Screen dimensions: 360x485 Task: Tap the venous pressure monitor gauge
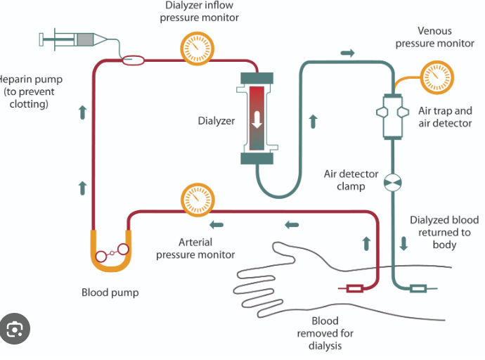[x=436, y=75]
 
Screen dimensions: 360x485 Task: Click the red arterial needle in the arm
[x=351, y=288]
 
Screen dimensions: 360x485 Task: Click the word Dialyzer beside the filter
[x=215, y=120]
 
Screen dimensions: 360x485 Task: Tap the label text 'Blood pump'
[x=110, y=292]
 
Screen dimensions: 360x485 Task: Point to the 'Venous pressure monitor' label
[x=434, y=37]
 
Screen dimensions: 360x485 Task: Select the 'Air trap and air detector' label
[x=445, y=117]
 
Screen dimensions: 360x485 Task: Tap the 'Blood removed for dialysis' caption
[x=325, y=333]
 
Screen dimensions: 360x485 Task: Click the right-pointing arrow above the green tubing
[x=347, y=53]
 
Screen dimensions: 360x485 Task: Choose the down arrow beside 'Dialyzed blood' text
[x=403, y=244]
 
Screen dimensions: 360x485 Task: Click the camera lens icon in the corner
[x=15, y=328]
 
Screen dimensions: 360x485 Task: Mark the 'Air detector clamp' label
[x=351, y=180]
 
